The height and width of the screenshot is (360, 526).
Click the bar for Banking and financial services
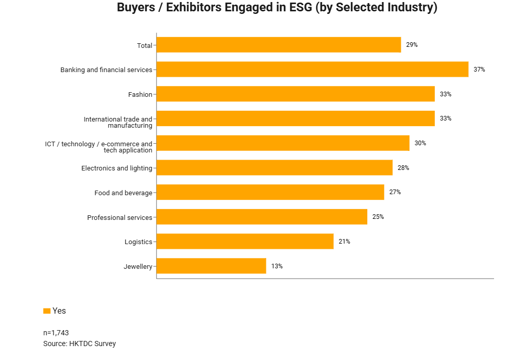312,70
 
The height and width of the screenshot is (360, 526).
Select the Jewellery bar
211,266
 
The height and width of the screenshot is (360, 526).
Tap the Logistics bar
245,242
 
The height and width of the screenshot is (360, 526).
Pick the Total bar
278,45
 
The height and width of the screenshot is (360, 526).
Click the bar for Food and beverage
270,192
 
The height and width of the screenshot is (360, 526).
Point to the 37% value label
479,70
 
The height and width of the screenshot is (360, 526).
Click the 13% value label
277,266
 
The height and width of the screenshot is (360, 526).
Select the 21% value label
344,242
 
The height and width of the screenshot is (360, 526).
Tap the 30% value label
420,143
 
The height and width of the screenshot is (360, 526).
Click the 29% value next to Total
412,45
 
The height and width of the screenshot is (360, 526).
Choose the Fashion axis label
140,95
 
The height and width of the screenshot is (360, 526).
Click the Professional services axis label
120,218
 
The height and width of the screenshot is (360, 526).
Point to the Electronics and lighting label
116,168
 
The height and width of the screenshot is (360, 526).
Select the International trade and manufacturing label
118,122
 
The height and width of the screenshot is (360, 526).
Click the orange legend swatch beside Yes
47,311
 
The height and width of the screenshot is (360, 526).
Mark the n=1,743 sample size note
56,333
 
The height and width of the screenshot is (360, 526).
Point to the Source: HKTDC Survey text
79,344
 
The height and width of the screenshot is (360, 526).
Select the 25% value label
378,217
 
